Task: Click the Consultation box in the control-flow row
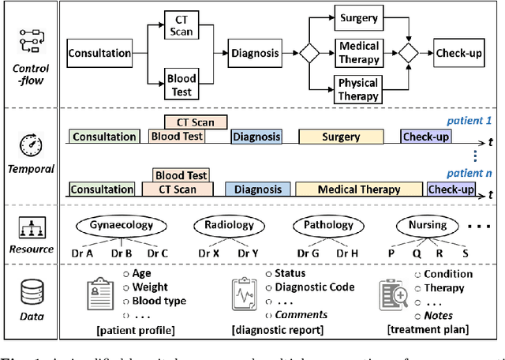coord(99,54)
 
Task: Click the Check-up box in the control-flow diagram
coord(457,54)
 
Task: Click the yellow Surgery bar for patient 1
coord(341,137)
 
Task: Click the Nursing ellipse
coord(427,225)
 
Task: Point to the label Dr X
coord(208,253)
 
